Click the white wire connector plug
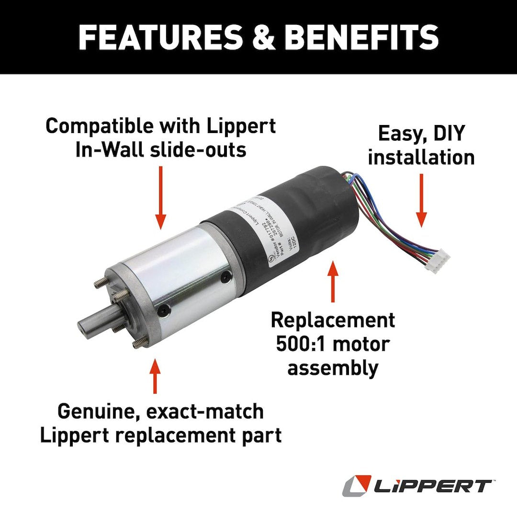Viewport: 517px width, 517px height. (x=438, y=263)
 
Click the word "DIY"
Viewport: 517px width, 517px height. (x=445, y=134)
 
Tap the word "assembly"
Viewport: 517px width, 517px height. (x=333, y=368)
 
